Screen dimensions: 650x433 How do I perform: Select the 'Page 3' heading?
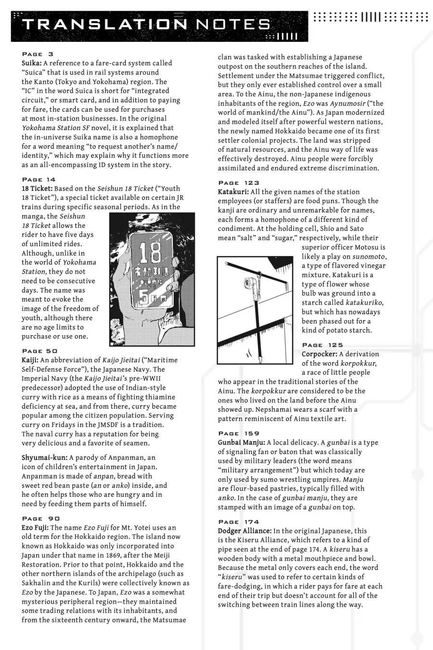click(x=38, y=54)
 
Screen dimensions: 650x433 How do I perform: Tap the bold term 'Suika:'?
click(x=32, y=63)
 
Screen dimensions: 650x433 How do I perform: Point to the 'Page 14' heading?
click(x=40, y=180)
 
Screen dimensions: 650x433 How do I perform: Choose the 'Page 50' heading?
click(x=40, y=351)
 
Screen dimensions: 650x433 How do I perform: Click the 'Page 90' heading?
click(x=41, y=519)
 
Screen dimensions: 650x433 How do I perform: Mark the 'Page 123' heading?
click(x=239, y=183)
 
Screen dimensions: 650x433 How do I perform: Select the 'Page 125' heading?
click(x=322, y=345)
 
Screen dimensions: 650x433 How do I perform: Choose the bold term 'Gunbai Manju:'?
click(x=241, y=442)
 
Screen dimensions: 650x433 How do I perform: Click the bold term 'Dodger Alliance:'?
click(x=244, y=531)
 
